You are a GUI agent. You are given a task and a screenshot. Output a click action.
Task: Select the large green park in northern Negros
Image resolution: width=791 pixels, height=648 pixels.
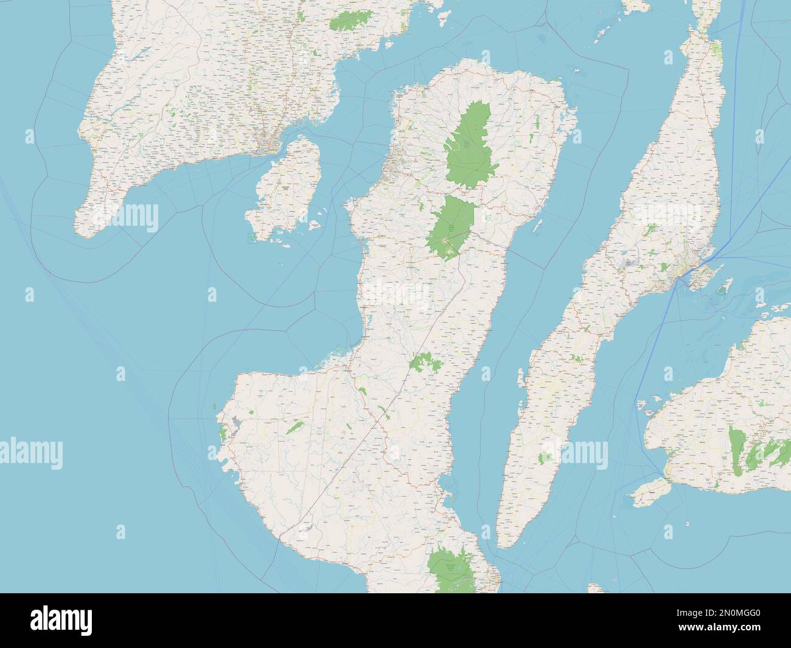pyautogui.click(x=469, y=143)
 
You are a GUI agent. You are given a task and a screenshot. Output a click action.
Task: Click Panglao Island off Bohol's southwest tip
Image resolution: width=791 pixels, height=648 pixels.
pyautogui.click(x=649, y=496)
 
